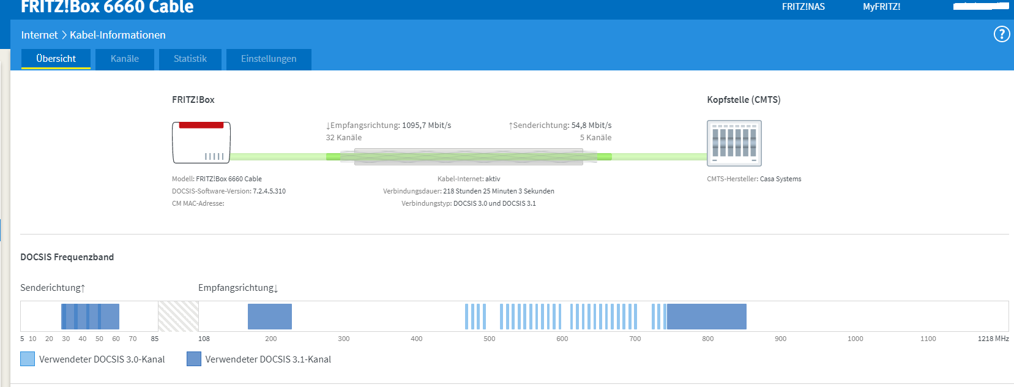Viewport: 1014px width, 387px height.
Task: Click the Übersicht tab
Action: (56, 59)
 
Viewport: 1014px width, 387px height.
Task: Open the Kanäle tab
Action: (125, 59)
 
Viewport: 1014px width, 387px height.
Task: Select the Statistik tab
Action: (190, 59)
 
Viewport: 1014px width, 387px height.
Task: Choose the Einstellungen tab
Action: (269, 59)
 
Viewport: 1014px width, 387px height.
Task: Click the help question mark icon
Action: (1001, 34)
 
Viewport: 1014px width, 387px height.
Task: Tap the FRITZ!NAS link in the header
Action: (803, 7)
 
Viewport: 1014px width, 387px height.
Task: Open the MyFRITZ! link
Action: (881, 7)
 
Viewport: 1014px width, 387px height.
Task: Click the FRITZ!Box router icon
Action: (201, 143)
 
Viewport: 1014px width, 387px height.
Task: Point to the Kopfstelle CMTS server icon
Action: (734, 143)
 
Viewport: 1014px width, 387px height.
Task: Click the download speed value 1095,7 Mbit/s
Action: (427, 126)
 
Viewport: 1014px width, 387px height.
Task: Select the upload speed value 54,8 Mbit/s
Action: (591, 126)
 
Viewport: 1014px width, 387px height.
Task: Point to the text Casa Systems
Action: (780, 179)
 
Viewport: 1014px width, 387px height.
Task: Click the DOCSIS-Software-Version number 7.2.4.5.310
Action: (269, 191)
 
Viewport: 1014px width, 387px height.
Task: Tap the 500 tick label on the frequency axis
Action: (490, 339)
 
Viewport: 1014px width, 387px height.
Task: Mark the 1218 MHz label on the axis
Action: (993, 339)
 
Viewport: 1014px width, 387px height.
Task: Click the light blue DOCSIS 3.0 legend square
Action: (28, 359)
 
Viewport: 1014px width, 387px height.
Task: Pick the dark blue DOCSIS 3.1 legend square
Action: (194, 359)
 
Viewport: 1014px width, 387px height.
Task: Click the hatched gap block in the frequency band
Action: (178, 316)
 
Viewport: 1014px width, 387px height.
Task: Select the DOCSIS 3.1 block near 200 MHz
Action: (270, 316)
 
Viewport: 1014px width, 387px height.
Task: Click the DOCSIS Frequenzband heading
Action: (67, 257)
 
